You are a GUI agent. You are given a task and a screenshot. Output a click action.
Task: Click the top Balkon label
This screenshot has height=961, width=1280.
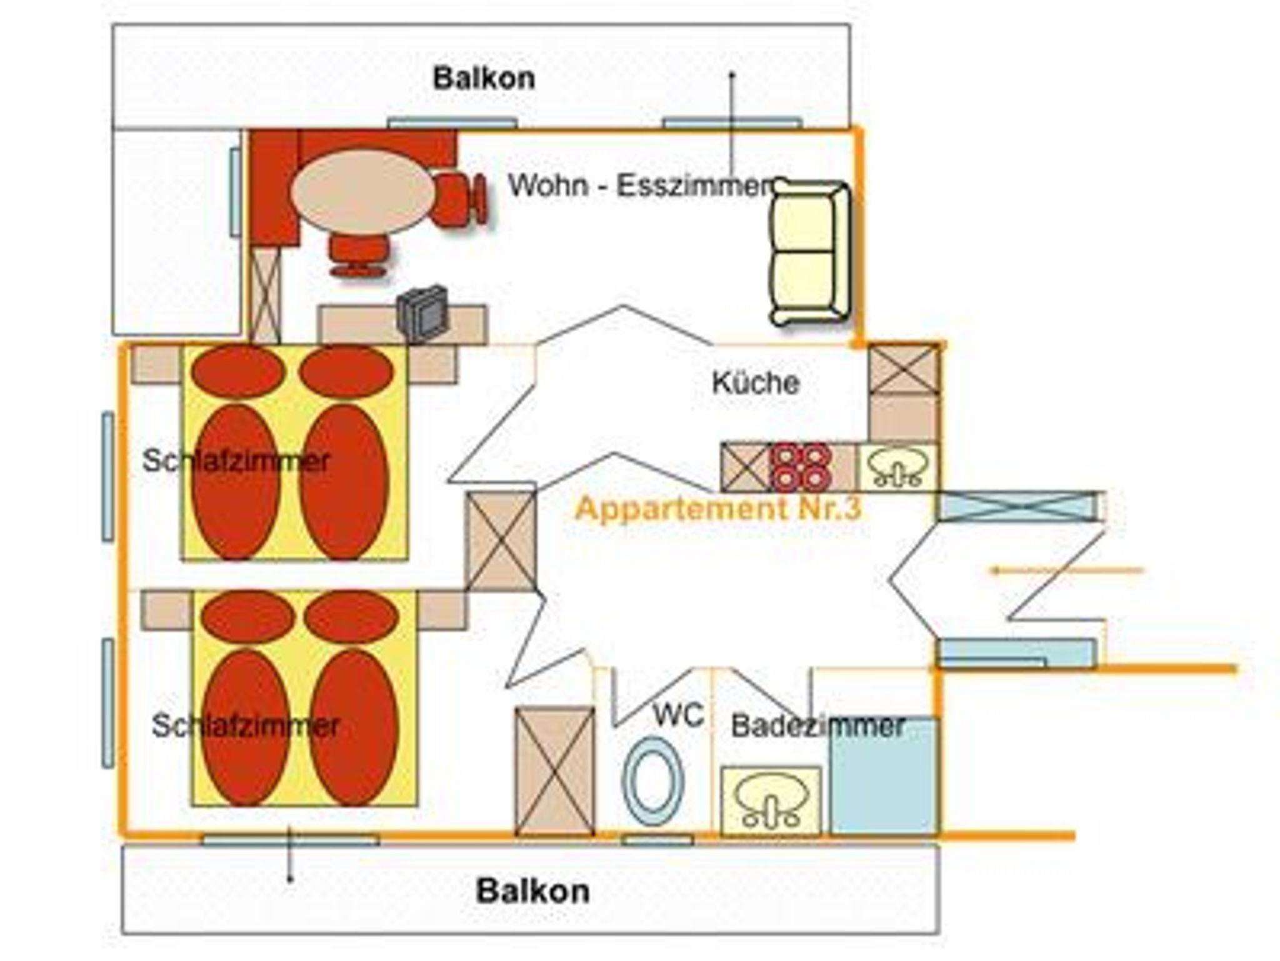click(x=484, y=79)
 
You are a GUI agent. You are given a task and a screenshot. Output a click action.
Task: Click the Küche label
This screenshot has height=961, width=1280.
click(x=755, y=382)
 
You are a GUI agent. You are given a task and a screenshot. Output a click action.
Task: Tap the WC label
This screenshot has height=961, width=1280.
click(x=678, y=715)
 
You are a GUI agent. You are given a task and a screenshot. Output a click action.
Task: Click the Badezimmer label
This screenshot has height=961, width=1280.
click(x=817, y=726)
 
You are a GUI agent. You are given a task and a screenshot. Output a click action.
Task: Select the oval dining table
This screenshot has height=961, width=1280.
click(x=362, y=192)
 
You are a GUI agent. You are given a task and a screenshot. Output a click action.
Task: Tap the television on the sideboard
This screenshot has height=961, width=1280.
click(x=424, y=314)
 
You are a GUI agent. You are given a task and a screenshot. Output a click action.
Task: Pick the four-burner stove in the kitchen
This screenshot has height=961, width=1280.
click(x=801, y=467)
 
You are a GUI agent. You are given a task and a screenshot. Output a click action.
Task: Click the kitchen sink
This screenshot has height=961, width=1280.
click(x=897, y=467)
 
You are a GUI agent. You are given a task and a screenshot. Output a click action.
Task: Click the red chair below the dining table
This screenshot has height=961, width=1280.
click(x=359, y=254)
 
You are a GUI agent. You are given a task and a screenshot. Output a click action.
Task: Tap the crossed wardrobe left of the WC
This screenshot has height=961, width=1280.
click(x=554, y=770)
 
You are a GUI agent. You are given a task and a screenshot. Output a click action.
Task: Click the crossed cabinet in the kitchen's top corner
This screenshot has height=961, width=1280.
click(x=904, y=370)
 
